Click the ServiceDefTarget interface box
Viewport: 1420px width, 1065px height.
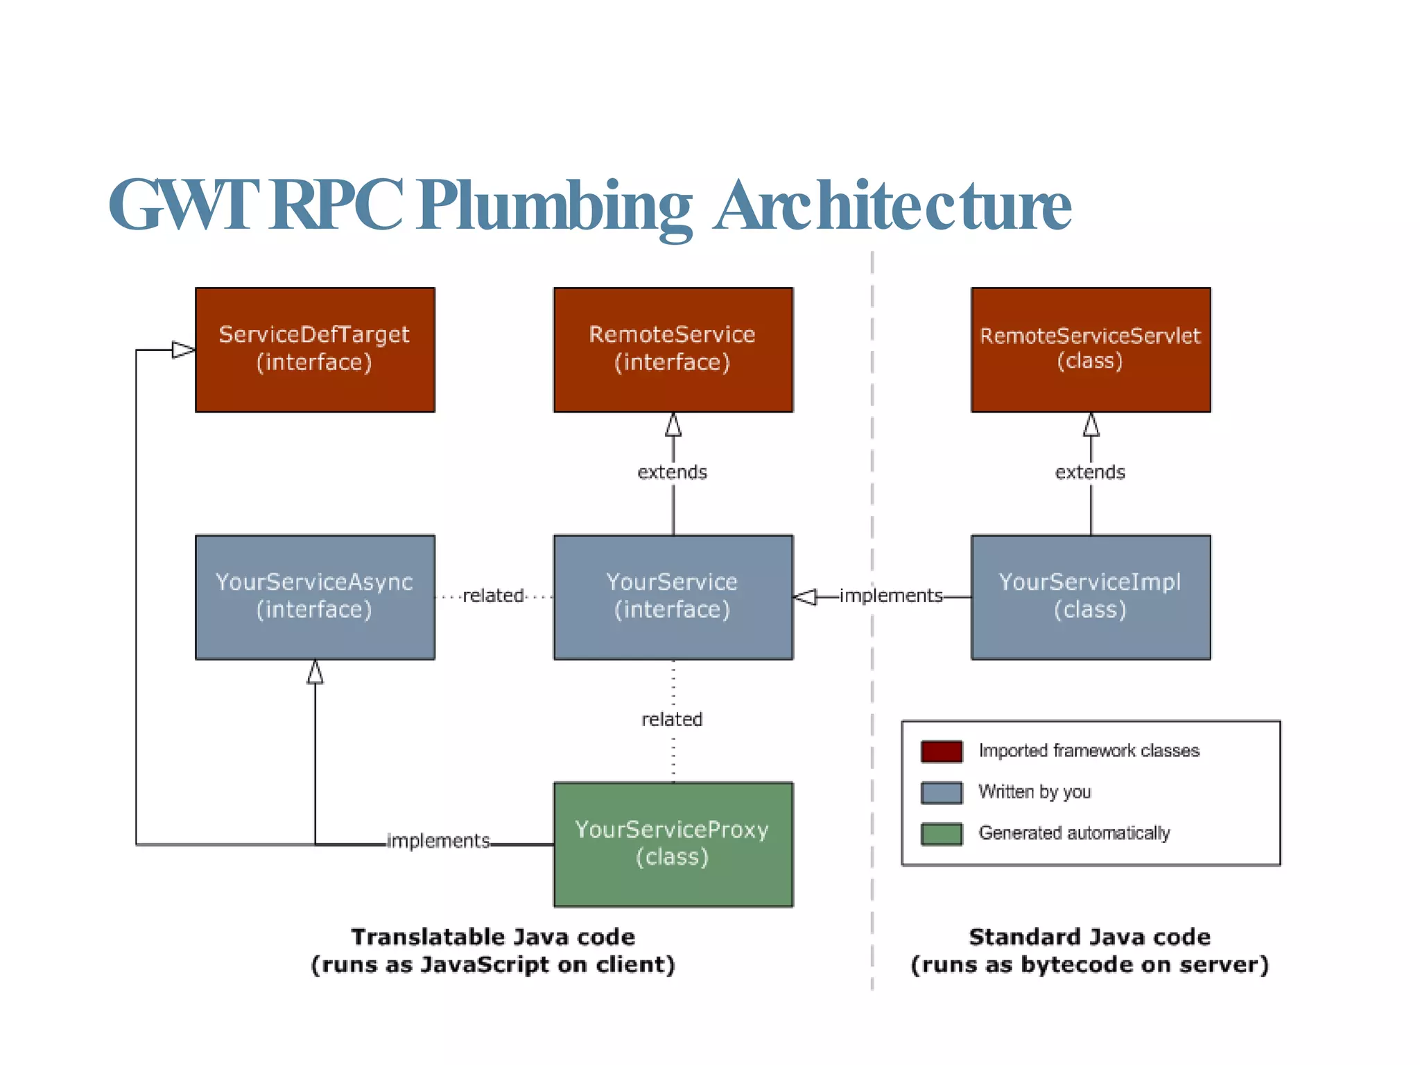tap(315, 349)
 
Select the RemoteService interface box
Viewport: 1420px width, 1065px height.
tap(673, 349)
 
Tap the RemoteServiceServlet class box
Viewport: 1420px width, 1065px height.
tap(1090, 349)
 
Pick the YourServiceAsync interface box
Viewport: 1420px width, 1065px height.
tap(315, 596)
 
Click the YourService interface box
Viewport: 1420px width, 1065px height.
tap(673, 596)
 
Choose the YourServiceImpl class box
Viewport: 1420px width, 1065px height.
tap(1090, 596)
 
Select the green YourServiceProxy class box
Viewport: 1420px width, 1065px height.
tap(673, 844)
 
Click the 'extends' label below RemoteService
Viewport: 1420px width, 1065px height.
tap(672, 472)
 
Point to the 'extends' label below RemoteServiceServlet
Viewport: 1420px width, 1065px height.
tap(1090, 472)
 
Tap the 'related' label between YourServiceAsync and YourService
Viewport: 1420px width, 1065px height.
tap(493, 596)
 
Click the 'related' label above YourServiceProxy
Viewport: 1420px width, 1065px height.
tap(672, 719)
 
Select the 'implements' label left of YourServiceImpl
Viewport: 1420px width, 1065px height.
tap(891, 596)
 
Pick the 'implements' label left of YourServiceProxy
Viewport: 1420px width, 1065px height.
tap(438, 841)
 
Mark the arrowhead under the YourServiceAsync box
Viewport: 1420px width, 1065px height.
tap(315, 672)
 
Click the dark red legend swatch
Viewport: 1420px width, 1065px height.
tap(942, 751)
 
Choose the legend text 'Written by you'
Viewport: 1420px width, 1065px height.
tap(1034, 792)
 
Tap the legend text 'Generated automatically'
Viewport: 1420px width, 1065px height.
tap(1074, 833)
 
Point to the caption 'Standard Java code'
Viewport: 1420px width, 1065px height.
tap(1089, 937)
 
